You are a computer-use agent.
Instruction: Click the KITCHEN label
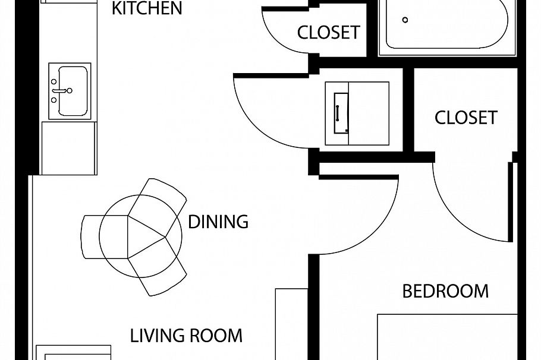coord(147,8)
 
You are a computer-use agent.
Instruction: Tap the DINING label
coord(218,222)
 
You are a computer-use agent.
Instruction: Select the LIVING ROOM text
coord(186,336)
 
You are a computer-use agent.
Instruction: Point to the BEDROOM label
coord(445,291)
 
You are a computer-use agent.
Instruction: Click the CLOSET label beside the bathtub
coord(328,33)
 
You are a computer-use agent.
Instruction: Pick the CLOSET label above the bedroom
coord(465,118)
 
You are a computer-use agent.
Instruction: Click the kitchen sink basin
coord(73,91)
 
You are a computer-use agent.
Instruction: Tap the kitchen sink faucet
coord(62,91)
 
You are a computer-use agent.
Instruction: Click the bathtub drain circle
coord(405,20)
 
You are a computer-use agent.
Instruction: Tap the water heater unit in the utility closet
coord(357,113)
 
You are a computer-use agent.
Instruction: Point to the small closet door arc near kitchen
coord(276,42)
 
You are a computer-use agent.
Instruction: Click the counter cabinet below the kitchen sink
coord(68,149)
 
